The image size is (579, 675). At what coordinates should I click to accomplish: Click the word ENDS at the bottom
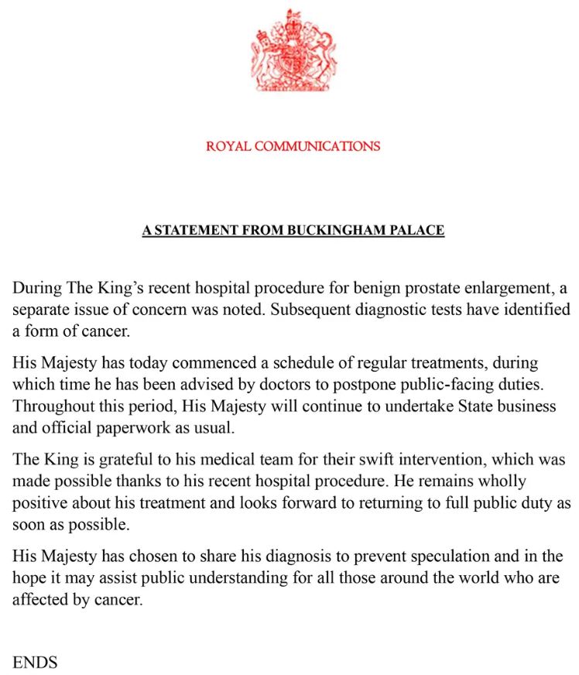tap(35, 662)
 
